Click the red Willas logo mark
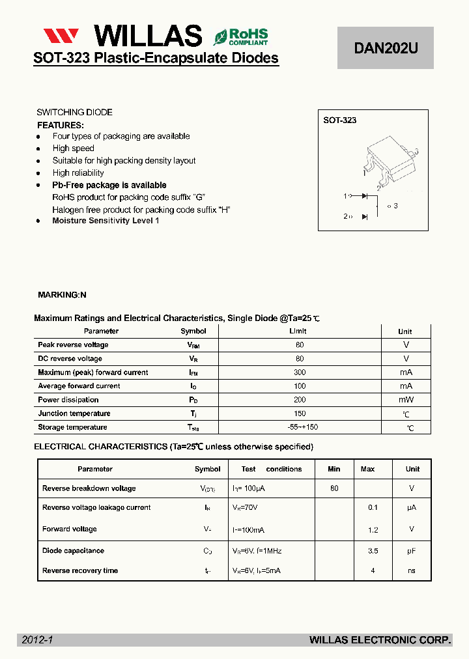[61, 36]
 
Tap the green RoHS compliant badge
[241, 36]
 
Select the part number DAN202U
[385, 48]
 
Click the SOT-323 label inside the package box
[340, 120]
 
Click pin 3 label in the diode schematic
[393, 206]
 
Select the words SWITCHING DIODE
[74, 112]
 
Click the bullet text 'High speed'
[73, 148]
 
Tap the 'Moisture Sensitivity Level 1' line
[106, 221]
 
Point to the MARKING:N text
[62, 295]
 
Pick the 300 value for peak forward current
[300, 372]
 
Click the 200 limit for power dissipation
[300, 400]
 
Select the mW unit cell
[406, 400]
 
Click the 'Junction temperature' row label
[74, 414]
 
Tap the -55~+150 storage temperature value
[302, 427]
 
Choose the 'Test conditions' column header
[271, 469]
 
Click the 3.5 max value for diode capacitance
[373, 551]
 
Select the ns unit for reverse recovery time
[412, 571]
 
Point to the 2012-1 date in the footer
[37, 640]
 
